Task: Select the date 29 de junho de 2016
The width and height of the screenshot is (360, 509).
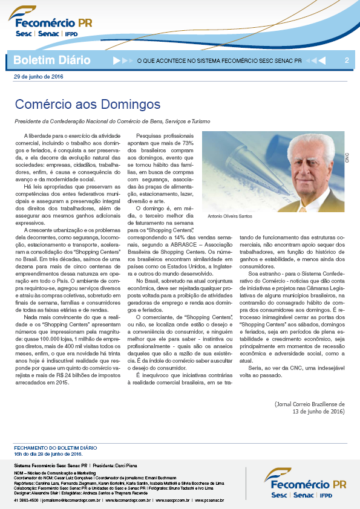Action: click(38, 77)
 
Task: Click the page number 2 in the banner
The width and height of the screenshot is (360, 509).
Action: click(347, 60)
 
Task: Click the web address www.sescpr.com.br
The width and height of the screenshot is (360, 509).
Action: click(172, 500)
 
